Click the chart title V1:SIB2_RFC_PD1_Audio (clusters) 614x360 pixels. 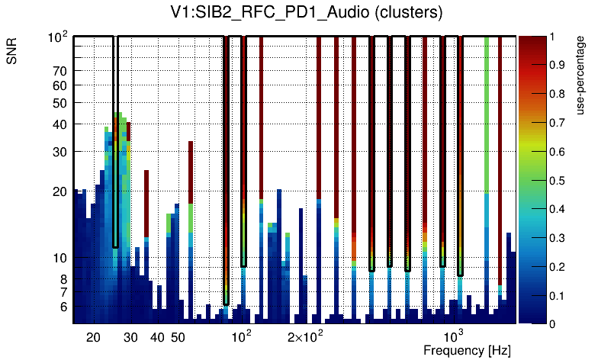pyautogui.click(x=306, y=13)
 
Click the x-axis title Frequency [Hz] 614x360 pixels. pyautogui.click(x=467, y=350)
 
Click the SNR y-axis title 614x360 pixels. pyautogui.click(x=12, y=53)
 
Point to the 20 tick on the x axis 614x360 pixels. pyautogui.click(x=93, y=337)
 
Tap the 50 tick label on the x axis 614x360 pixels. pyautogui.click(x=178, y=337)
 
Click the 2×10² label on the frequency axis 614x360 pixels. pyautogui.click(x=305, y=336)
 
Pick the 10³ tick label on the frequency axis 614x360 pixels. pyautogui.click(x=454, y=336)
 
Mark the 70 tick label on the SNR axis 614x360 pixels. pyautogui.click(x=59, y=71)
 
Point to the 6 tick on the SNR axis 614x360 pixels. pyautogui.click(x=63, y=307)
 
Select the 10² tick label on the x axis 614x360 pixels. pyautogui.click(x=241, y=336)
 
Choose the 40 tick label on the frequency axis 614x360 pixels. pyautogui.click(x=157, y=337)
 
